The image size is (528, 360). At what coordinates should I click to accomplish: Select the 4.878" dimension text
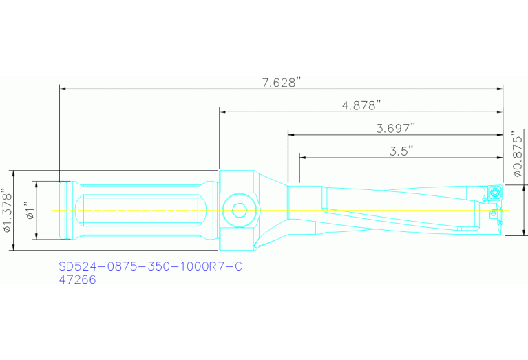[361, 105]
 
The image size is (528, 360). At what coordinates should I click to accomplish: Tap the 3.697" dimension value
[395, 128]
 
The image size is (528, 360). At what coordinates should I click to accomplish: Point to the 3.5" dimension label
[401, 151]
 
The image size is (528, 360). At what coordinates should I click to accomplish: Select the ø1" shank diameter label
[28, 210]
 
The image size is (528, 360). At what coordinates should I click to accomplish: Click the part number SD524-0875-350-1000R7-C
[151, 266]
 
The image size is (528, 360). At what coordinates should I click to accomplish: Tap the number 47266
[77, 280]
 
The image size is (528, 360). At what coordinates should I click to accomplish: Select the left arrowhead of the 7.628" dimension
[63, 88]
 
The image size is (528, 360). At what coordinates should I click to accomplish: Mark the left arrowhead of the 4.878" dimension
[222, 111]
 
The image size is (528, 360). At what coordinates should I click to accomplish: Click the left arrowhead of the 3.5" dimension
[303, 157]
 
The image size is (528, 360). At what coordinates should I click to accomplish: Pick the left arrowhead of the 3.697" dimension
[291, 134]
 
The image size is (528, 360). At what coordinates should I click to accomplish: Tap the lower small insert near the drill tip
[494, 215]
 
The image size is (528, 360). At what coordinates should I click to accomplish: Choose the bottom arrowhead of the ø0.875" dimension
[525, 232]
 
